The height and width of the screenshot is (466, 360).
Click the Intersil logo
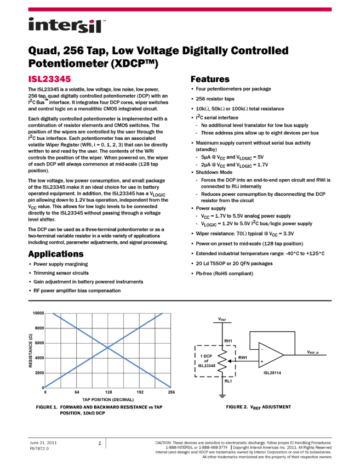pos(67,26)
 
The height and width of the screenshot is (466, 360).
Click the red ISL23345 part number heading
pos(49,79)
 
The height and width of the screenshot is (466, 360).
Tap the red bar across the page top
pos(180,9)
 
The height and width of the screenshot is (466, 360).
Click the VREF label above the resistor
pos(222,319)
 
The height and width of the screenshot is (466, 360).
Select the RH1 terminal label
pos(228,341)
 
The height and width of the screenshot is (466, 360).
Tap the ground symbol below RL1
pos(222,395)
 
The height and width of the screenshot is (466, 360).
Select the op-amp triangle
pos(270,355)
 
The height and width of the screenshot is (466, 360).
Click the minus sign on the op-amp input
pos(261,349)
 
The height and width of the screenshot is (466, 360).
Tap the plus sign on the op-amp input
pos(261,361)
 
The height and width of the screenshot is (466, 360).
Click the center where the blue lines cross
pos(108,348)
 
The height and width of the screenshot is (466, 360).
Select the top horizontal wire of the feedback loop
pos(272,331)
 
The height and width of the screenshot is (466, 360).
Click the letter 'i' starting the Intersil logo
pos(31,26)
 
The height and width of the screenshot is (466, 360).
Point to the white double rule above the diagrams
pos(180,300)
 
